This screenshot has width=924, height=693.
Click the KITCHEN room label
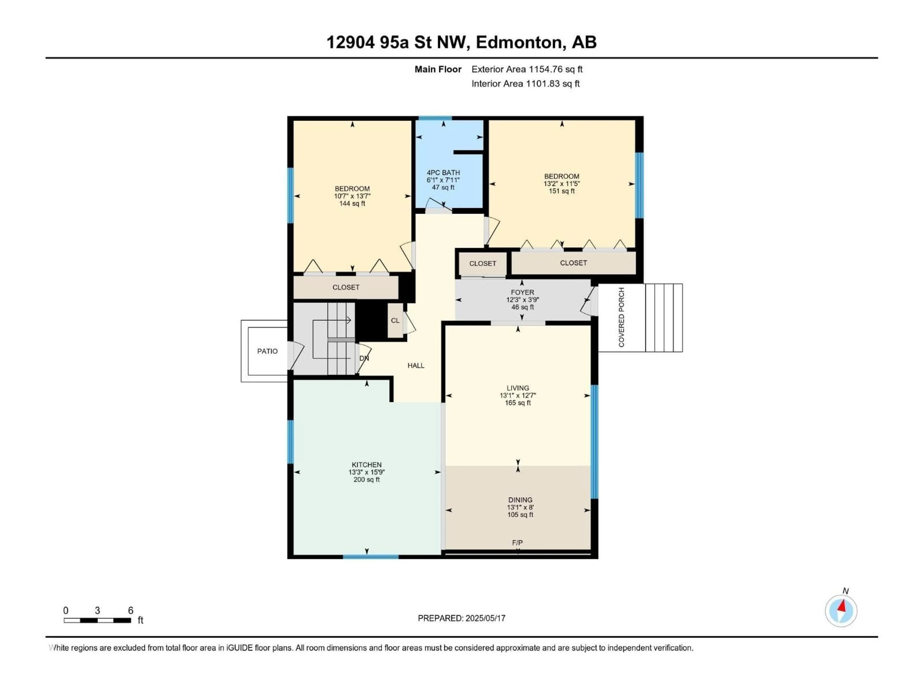[x=366, y=464]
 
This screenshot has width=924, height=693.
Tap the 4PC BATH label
[x=443, y=173]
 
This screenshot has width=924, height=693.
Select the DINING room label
[x=520, y=500]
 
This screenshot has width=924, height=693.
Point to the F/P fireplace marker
[x=517, y=543]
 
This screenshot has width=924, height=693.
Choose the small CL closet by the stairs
[x=395, y=321]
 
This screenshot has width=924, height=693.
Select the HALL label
[x=416, y=366]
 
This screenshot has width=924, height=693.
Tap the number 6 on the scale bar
[x=131, y=611]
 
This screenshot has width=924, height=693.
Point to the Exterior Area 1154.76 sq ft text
[x=527, y=69]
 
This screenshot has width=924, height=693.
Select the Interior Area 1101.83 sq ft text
[x=526, y=83]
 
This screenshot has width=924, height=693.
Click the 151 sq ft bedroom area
[x=561, y=191]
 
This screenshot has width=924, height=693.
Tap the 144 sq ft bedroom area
[x=352, y=203]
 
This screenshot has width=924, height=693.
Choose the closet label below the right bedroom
[x=573, y=263]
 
